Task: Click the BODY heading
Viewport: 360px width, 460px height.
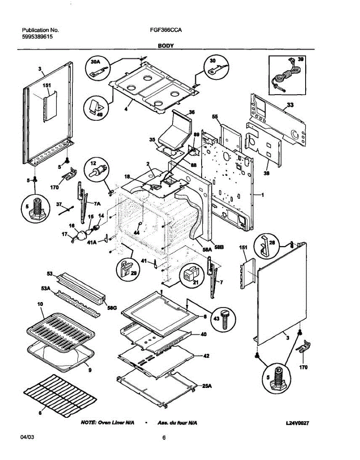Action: [x=166, y=46]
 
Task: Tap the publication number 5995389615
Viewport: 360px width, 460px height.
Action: [x=37, y=36]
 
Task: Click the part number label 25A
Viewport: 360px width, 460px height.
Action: [x=207, y=386]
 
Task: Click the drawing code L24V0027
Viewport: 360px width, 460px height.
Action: [x=297, y=423]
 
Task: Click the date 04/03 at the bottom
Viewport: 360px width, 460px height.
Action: [x=25, y=438]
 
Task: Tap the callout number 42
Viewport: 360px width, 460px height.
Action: [x=206, y=356]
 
